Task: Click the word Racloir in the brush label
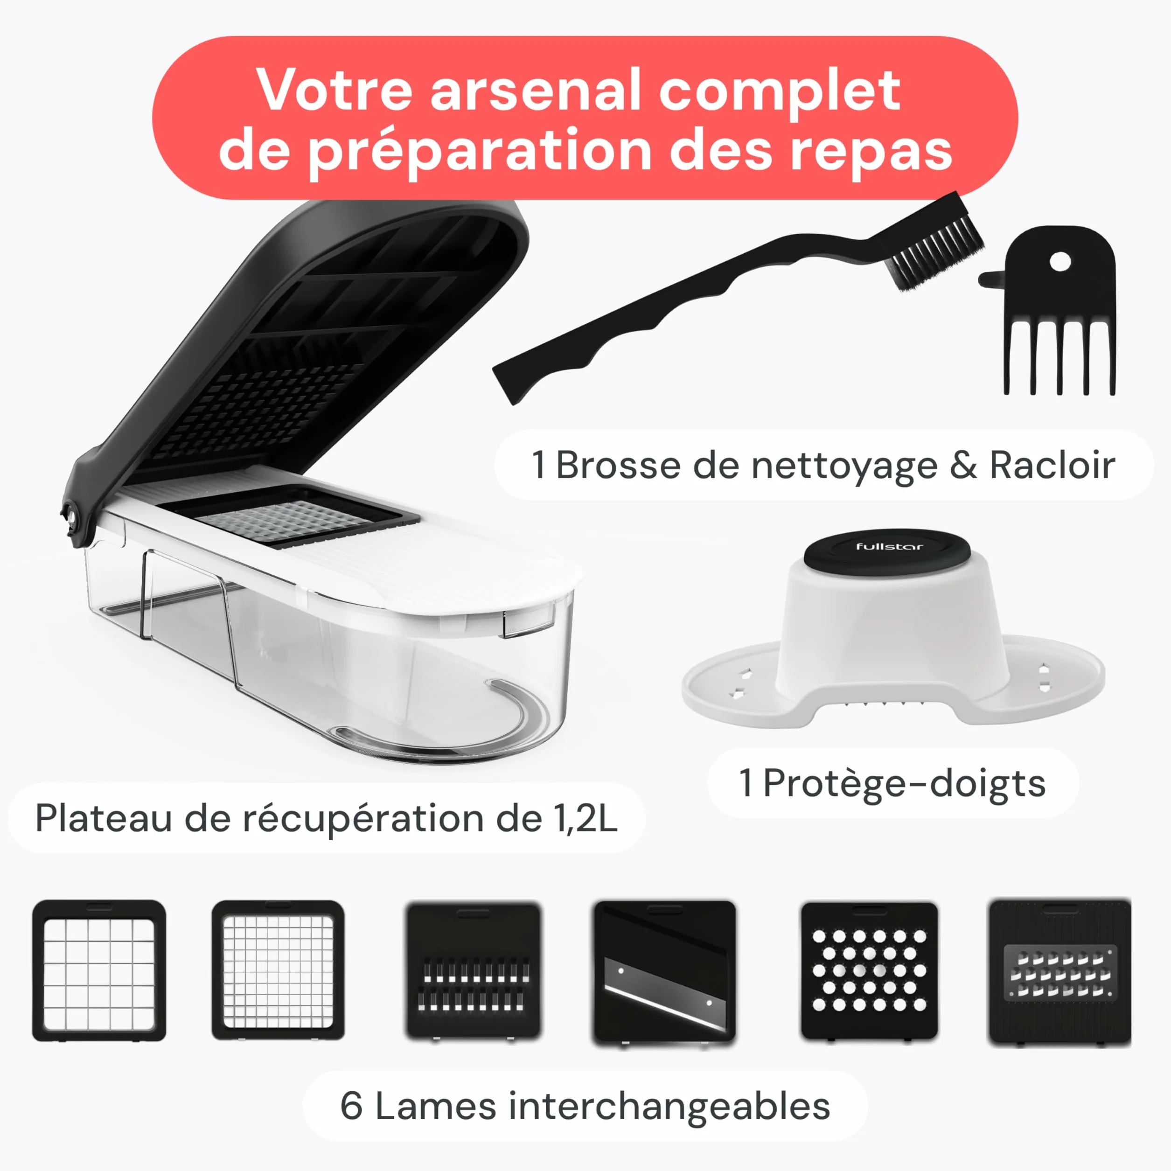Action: pos(1052,466)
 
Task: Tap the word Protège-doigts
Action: pos(904,783)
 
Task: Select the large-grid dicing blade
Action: pos(99,970)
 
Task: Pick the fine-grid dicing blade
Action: pos(278,970)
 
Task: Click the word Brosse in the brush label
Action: pos(618,466)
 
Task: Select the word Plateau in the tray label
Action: pos(104,818)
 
